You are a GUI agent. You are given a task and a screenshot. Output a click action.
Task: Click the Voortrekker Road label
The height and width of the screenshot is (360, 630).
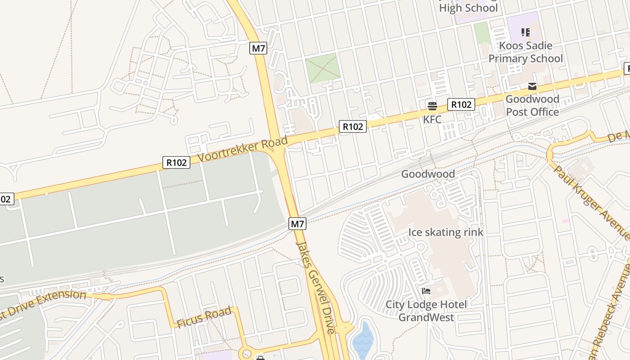(243, 150)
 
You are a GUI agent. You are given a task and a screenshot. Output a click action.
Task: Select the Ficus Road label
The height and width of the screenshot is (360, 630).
(204, 317)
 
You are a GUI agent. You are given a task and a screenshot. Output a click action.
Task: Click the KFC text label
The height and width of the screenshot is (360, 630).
(432, 120)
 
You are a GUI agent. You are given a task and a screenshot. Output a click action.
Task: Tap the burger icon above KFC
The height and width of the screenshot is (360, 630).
(432, 106)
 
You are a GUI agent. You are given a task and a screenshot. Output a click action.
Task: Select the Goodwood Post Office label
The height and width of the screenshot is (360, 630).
(532, 105)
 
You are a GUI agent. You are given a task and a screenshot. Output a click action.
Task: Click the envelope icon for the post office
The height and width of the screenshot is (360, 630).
(532, 86)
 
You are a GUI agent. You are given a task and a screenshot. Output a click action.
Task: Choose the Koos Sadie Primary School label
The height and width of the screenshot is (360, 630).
(526, 52)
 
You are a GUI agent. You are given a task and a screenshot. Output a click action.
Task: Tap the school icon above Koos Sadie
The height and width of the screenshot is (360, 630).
(525, 32)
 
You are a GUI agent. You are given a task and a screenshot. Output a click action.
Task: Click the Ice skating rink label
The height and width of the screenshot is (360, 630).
(445, 232)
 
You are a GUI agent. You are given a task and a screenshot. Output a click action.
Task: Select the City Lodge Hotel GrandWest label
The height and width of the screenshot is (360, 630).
(426, 311)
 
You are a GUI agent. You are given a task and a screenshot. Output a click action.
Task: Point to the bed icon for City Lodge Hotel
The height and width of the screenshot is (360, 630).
(426, 291)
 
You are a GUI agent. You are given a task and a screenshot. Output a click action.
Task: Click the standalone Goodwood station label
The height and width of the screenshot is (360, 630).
(428, 174)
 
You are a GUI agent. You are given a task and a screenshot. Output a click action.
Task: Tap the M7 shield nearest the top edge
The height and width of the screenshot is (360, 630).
(258, 48)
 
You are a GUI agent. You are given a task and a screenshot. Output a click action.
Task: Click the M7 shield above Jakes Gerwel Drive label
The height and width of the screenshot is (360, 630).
(297, 224)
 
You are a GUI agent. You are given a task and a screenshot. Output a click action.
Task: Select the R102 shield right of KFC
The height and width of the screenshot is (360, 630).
(461, 104)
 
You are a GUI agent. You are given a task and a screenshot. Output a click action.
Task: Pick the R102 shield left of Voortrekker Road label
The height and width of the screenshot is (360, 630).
(176, 162)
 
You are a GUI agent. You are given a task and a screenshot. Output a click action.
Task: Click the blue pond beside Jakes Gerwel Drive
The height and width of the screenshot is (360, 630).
(363, 340)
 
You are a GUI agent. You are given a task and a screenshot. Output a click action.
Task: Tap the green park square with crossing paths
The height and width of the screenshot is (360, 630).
(323, 68)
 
